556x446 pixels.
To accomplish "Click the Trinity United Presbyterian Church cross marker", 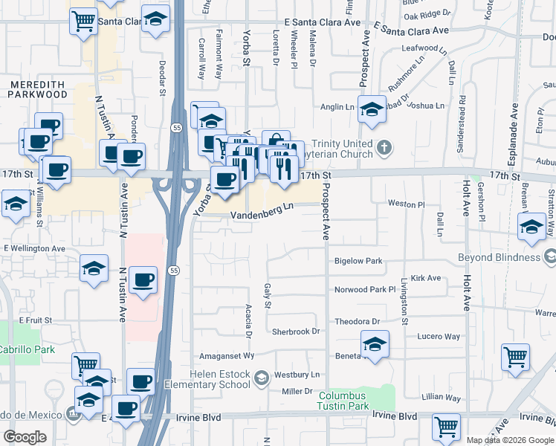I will coord(384,146).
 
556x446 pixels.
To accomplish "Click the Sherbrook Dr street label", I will coord(295,332).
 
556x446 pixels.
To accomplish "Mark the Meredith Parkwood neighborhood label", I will coord(38,89).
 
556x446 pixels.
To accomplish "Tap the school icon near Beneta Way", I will coord(375,345).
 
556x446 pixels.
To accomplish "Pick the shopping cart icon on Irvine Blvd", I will coord(446,427).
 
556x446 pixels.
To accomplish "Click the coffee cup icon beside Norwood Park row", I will coord(143,280).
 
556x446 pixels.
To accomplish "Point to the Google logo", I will coord(25,437).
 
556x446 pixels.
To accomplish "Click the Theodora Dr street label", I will coord(358,322).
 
